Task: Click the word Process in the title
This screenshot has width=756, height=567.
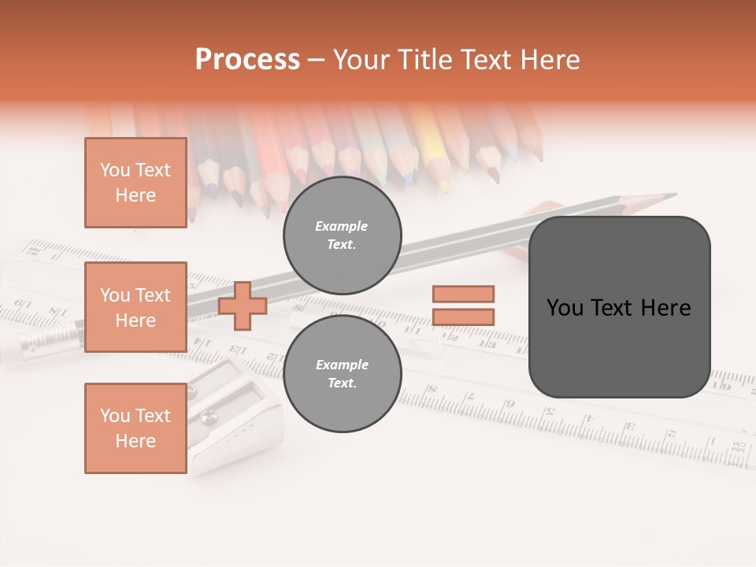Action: pos(247,60)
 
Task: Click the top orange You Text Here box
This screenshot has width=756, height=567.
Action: pos(135,183)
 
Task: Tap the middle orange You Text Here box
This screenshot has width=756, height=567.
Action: pos(135,307)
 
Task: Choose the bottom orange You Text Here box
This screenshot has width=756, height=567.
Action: pos(135,428)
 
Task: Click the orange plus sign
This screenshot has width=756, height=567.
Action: pos(242,306)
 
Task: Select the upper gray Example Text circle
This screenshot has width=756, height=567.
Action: pos(342,235)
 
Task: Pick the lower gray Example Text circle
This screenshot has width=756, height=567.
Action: pos(342,374)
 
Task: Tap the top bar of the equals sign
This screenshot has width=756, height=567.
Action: pos(463,294)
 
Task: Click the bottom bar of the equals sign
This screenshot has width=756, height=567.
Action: pos(463,317)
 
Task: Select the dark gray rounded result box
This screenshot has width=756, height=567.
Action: pos(619,307)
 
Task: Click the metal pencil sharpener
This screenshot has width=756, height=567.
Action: pos(228,417)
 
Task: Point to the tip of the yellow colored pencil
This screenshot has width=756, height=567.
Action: pos(444,189)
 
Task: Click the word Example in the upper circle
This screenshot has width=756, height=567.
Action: pos(342,226)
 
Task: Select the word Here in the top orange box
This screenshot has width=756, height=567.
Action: pos(135,195)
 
